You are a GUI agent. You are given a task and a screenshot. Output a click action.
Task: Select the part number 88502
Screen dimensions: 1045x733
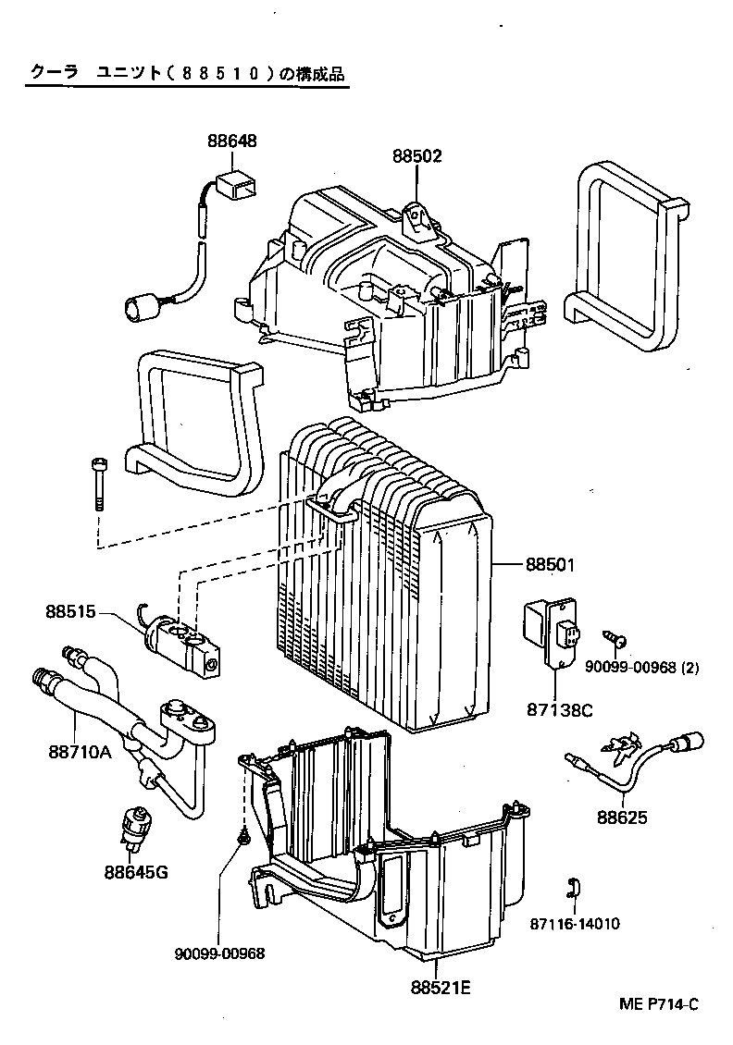click(416, 157)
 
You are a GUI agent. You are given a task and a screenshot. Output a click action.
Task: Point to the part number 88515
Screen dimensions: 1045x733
click(70, 611)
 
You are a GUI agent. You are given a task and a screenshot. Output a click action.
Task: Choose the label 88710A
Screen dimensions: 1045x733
click(81, 751)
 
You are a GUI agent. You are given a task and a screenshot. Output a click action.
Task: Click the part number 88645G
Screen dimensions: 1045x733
click(136, 870)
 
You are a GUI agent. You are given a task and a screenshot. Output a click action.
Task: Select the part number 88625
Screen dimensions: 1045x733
click(621, 818)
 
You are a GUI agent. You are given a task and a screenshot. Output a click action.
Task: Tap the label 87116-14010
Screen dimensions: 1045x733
click(575, 924)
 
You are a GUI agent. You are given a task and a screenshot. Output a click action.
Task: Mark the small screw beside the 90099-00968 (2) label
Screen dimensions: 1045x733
click(615, 639)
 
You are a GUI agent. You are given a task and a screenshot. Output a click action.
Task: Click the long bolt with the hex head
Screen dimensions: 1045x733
click(99, 484)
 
